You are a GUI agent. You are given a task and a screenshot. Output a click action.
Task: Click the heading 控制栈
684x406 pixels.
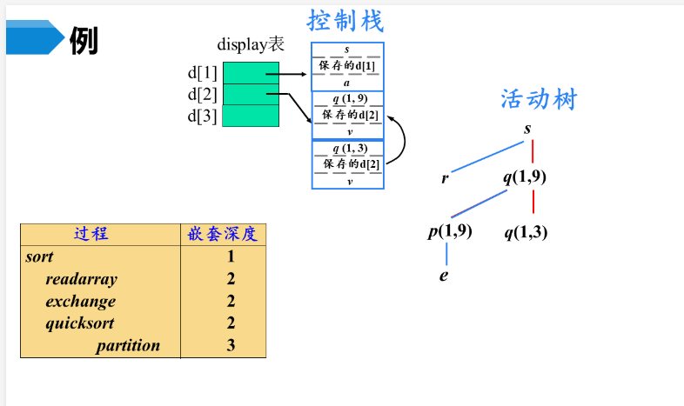(x=345, y=20)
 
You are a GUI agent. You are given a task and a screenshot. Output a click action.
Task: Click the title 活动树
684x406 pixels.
(x=539, y=98)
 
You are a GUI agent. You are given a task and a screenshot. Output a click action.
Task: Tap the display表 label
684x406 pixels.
(x=251, y=45)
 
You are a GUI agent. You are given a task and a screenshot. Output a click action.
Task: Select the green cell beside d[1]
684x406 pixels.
(x=251, y=73)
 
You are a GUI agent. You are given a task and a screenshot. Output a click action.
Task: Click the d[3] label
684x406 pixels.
(x=202, y=116)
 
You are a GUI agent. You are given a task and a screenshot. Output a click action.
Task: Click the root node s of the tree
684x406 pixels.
(x=527, y=130)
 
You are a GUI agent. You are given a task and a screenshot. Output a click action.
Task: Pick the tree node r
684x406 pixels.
(x=445, y=178)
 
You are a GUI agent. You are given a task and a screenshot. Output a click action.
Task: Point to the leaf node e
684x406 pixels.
(x=444, y=276)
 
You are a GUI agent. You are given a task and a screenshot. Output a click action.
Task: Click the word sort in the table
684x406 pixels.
(x=40, y=256)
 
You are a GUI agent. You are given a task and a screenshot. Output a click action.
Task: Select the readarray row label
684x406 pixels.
(x=81, y=279)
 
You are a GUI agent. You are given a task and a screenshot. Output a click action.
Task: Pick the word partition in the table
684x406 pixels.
(x=128, y=345)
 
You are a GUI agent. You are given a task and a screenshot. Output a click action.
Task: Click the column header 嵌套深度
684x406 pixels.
(x=224, y=234)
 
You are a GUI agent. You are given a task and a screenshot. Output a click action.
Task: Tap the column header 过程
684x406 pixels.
(x=91, y=234)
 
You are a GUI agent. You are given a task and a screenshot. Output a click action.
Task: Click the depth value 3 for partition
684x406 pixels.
(x=231, y=345)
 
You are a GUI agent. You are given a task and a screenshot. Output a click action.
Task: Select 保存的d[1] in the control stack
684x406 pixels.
(x=347, y=66)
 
